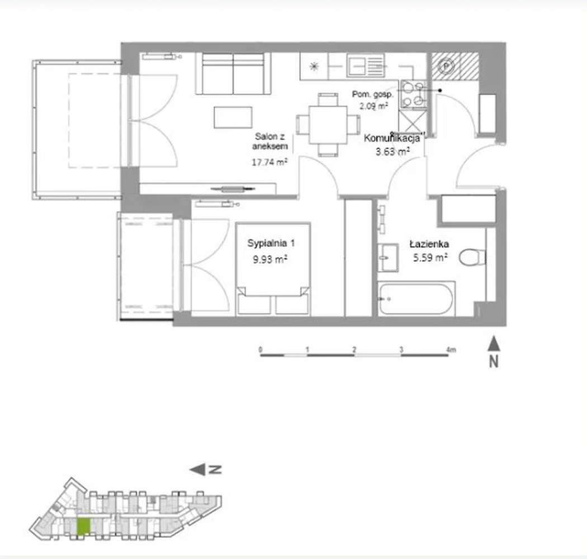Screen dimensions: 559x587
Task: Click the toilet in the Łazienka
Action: [472, 257]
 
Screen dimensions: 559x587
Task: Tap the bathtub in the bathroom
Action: [416, 299]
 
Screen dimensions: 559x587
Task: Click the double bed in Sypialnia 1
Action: [273, 268]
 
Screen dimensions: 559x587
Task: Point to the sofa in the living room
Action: [233, 74]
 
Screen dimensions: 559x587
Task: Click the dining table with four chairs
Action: [327, 124]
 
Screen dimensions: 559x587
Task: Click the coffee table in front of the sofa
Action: [233, 117]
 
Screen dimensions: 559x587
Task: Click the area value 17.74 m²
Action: [270, 162]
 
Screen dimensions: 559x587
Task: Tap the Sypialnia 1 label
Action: [271, 243]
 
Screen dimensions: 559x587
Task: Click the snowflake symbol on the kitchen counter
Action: [314, 66]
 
